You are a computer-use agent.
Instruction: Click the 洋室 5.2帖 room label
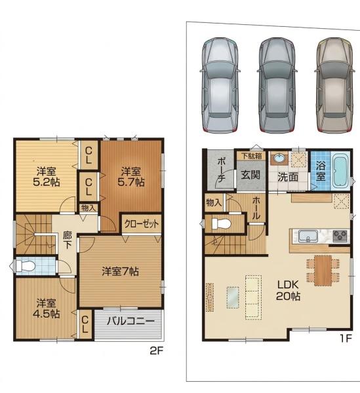click(x=47, y=177)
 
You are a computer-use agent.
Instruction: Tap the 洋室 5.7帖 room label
click(x=131, y=177)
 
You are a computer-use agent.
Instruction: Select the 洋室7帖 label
click(x=120, y=271)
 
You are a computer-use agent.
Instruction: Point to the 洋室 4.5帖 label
click(x=46, y=309)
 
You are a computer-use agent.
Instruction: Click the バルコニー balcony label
click(x=130, y=321)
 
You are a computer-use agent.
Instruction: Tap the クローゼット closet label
click(x=142, y=224)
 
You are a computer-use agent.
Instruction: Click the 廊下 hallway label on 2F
click(x=68, y=240)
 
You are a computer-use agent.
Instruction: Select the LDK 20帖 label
click(x=288, y=290)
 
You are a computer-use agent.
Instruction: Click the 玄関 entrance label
click(x=250, y=175)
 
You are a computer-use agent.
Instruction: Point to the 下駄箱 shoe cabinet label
click(x=252, y=156)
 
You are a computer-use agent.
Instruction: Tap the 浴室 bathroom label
click(x=321, y=171)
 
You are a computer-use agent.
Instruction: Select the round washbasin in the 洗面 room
click(x=279, y=158)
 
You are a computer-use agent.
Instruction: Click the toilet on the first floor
click(x=221, y=223)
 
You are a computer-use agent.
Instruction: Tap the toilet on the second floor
click(x=25, y=266)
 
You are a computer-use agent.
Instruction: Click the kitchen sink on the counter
click(x=308, y=236)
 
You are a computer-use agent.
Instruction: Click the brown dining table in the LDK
click(x=323, y=271)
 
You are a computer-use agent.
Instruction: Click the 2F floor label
click(x=157, y=351)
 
